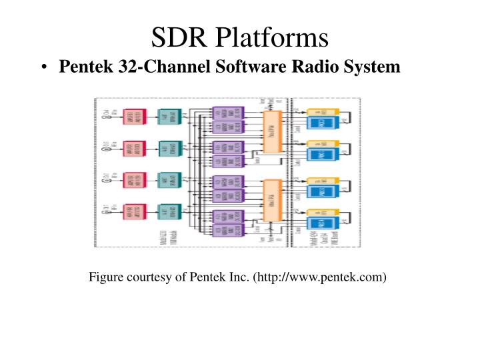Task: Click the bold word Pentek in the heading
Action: [83, 67]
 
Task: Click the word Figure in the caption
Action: [107, 277]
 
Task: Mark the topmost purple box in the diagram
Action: [228, 111]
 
